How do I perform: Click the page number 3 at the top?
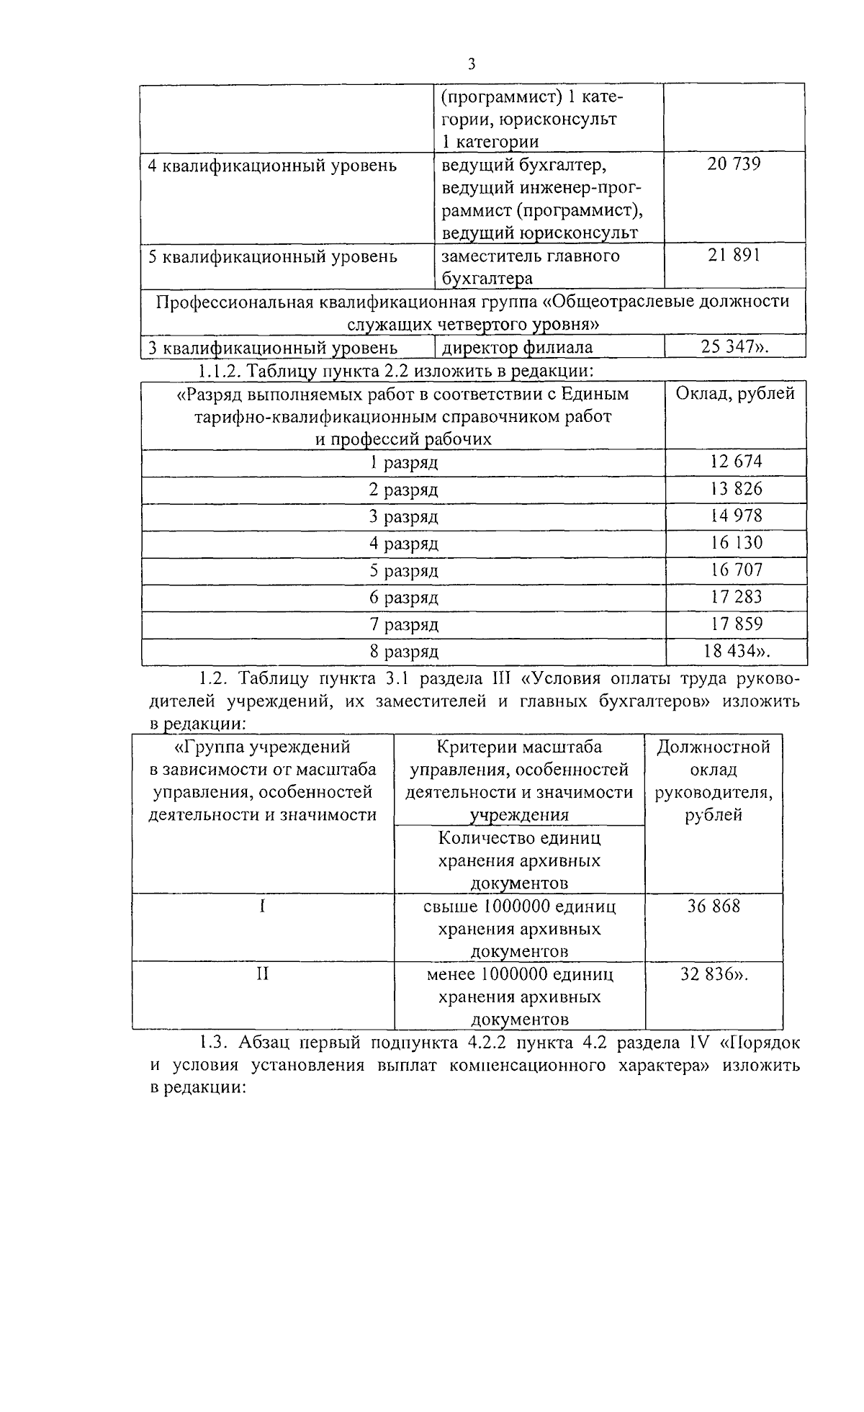[x=472, y=64]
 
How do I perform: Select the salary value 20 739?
[x=734, y=164]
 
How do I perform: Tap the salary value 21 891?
[x=734, y=255]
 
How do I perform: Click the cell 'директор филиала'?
[x=517, y=348]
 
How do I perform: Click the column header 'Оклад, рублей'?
[x=735, y=394]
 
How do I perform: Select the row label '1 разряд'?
[x=403, y=463]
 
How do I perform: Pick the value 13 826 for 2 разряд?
[x=736, y=489]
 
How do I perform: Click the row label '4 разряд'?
[x=403, y=544]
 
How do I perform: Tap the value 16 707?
[x=736, y=570]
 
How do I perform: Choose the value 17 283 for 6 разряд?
[x=736, y=597]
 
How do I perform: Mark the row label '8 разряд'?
[x=403, y=652]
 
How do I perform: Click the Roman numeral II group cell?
[x=263, y=974]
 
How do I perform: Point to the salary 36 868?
[x=714, y=907]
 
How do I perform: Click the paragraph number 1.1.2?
[x=217, y=372]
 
